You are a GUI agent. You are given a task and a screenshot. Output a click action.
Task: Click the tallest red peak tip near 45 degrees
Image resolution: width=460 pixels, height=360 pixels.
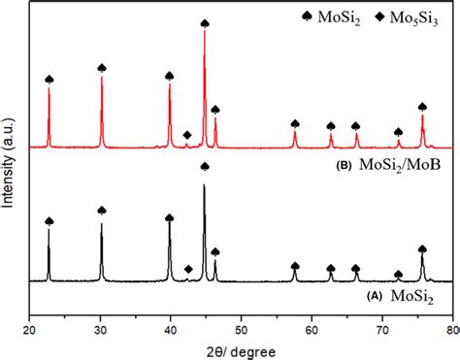(x=205, y=32)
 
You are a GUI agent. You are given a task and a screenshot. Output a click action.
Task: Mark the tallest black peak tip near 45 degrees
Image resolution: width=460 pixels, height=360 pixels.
(x=204, y=185)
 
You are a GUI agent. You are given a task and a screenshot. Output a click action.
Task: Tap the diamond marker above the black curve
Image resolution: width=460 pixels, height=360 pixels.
(x=188, y=269)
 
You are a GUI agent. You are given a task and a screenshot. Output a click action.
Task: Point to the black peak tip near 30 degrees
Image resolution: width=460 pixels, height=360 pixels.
(x=101, y=222)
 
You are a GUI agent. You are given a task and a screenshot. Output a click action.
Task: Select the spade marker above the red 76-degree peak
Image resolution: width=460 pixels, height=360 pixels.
(x=422, y=107)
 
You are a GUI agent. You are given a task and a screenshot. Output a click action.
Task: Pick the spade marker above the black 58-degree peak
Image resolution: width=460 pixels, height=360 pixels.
(x=295, y=266)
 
